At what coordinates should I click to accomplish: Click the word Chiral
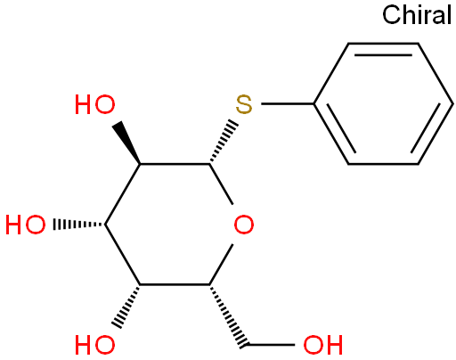point(417,15)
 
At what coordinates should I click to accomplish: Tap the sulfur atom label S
point(244,104)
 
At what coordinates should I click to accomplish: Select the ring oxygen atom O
point(244,225)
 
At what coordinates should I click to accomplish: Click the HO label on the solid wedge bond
point(95,104)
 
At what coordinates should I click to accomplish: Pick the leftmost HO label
point(26,225)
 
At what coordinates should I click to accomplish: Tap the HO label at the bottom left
point(95,345)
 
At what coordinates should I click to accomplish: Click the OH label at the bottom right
point(323,345)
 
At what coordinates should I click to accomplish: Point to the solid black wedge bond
point(126,143)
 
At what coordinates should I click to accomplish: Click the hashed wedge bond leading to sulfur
point(224,142)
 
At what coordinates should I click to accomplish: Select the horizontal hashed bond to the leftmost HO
point(79,225)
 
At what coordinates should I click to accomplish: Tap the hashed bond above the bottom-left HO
point(126,306)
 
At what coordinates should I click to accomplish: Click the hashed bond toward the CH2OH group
point(228,315)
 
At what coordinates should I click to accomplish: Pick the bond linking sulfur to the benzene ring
point(288,104)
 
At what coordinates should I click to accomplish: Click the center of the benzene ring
point(383,103)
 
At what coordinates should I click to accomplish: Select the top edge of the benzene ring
point(383,44)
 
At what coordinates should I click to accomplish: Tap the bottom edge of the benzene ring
point(383,164)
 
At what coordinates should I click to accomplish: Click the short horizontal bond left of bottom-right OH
point(271,345)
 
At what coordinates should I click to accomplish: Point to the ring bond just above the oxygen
point(221,184)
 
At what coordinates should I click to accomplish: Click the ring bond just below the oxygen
point(221,265)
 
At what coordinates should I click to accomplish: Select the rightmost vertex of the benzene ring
point(453,104)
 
